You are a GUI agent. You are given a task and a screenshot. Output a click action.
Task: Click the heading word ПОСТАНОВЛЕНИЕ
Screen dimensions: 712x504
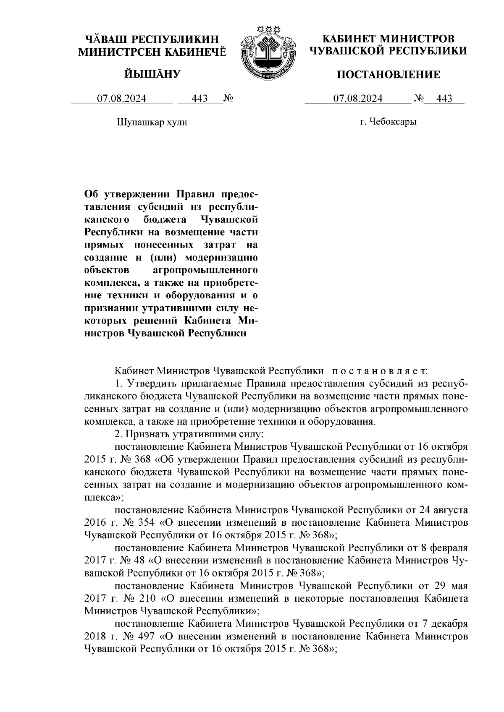[389, 75]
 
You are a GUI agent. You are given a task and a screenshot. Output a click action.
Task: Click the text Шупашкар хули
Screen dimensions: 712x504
[151, 123]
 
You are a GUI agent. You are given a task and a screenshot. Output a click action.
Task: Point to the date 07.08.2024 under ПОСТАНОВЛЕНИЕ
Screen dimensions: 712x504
[358, 99]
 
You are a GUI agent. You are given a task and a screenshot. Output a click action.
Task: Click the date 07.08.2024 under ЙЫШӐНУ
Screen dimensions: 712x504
[122, 99]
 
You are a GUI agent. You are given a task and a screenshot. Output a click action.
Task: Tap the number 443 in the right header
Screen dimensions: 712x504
[444, 99]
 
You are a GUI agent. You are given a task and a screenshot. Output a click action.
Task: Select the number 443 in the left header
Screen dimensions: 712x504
[199, 99]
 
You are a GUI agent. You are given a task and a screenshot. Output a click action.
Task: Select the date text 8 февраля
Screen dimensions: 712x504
[444, 548]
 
